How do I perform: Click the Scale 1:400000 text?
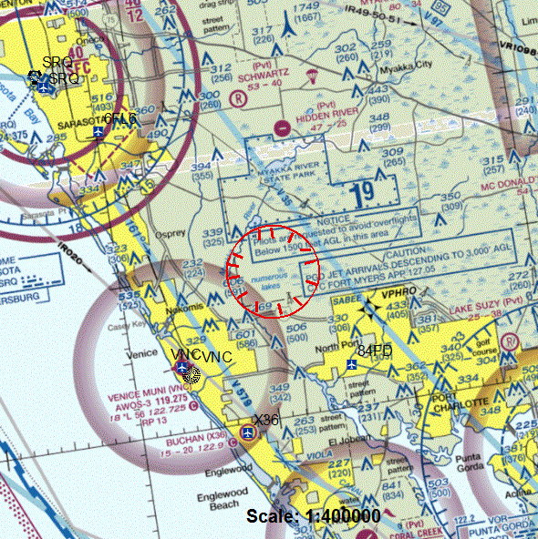tap(314, 516)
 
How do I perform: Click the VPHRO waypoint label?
tap(399, 295)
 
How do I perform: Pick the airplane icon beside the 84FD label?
tap(352, 365)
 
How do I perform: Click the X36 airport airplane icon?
tap(247, 431)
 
